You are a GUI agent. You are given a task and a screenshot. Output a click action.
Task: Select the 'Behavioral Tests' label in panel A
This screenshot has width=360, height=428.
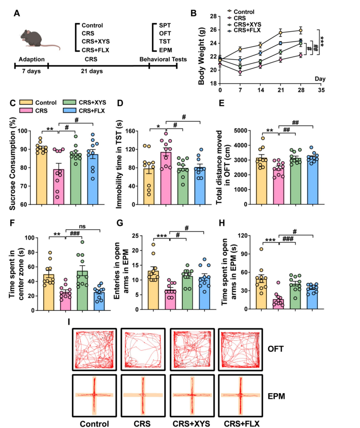163,59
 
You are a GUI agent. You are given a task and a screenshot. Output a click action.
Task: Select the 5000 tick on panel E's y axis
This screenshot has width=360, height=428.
240,131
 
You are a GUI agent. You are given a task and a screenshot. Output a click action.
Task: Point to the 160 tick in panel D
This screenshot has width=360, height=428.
130,131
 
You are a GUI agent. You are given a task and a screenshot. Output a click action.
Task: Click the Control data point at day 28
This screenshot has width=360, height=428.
300,30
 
